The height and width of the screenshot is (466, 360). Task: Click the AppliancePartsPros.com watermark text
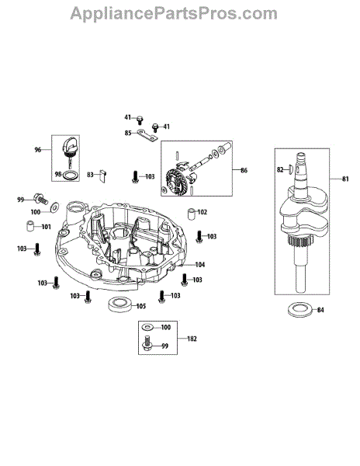coord(174,14)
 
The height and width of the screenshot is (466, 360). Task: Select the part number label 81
coord(345,179)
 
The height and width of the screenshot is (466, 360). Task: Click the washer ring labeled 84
coord(300,309)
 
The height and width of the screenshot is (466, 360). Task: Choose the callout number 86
coord(244,170)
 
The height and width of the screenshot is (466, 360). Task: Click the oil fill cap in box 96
coord(70,148)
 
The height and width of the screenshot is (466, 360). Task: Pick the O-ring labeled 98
coord(71,176)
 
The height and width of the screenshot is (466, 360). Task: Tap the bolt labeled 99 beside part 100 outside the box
coord(41,198)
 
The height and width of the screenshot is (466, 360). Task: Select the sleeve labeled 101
coord(29,225)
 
